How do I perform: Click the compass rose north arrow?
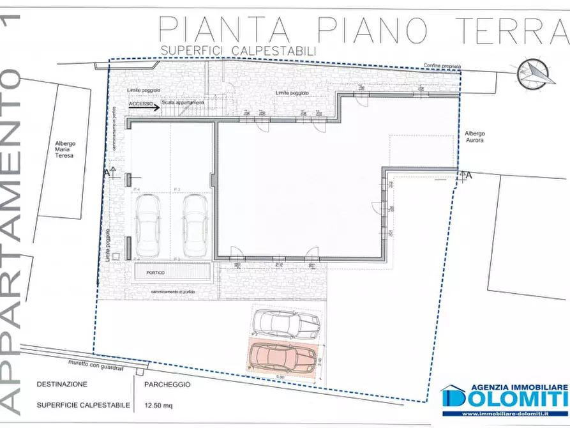point(535,75)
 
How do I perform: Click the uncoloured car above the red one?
point(285,324)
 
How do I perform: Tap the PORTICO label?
point(155,273)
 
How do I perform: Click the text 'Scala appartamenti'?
point(183,102)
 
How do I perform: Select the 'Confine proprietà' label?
point(442,66)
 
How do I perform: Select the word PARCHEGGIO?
point(167,385)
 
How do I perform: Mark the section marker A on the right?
point(469,175)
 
